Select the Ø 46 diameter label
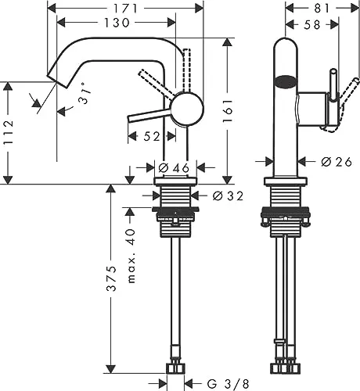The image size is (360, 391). click(174, 167)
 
